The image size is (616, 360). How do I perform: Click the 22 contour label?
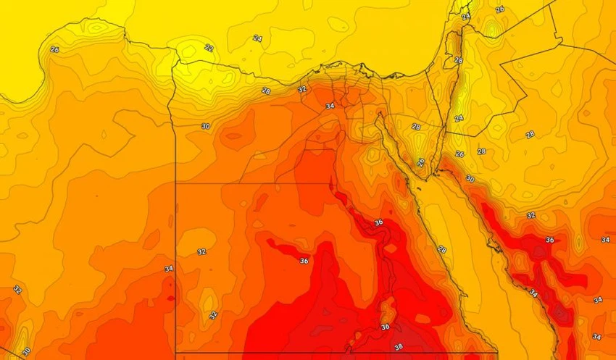[209, 48]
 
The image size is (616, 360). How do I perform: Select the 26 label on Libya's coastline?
[54, 49]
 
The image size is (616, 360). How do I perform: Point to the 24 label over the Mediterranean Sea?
[257, 38]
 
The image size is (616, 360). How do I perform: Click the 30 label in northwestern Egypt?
[206, 126]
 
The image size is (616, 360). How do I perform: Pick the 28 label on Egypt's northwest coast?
[265, 91]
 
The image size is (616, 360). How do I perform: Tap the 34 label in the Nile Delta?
[330, 106]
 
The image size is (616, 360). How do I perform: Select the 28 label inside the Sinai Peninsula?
[415, 127]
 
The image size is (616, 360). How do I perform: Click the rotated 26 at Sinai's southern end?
[421, 162]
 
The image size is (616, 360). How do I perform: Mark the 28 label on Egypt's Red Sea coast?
[441, 248]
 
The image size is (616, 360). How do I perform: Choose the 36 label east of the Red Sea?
[549, 240]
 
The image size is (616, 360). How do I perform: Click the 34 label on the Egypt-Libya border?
[169, 269]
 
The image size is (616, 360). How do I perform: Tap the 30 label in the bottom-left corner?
[26, 351]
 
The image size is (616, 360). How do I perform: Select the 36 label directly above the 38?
[385, 327]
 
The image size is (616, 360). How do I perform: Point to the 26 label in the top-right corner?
[499, 9]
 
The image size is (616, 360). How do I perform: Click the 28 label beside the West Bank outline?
[457, 60]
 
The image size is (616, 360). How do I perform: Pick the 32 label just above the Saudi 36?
[530, 215]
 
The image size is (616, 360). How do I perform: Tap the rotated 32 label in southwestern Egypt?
[212, 315]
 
